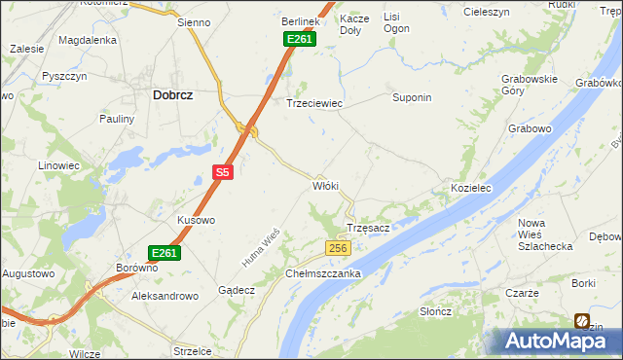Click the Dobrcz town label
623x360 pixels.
click(171, 95)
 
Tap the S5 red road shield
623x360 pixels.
click(223, 172)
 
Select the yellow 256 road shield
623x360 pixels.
click(337, 249)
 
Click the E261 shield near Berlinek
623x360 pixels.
click(299, 39)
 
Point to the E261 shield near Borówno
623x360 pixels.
click(165, 253)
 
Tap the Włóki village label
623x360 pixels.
click(324, 185)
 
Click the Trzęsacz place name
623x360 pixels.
click(369, 228)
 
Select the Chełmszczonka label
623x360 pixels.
click(323, 273)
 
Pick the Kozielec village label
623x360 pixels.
click(471, 186)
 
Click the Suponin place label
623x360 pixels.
click(411, 97)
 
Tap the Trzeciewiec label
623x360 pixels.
click(312, 102)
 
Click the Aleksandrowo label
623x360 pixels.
click(165, 295)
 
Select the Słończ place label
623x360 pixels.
click(435, 311)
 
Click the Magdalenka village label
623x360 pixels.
click(88, 40)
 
